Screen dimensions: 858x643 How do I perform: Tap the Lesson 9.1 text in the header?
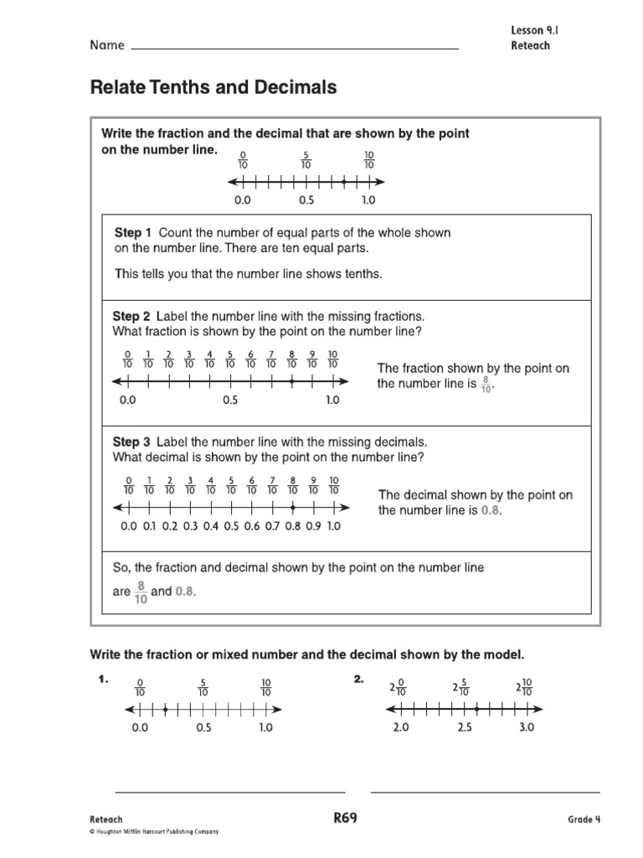(x=533, y=30)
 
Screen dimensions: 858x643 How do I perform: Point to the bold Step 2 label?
(x=131, y=317)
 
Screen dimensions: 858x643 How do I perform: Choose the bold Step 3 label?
(x=131, y=442)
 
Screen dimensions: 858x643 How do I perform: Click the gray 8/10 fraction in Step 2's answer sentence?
(x=487, y=384)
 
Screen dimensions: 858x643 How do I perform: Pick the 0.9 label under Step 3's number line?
(x=313, y=527)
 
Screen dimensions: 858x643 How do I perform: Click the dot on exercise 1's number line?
(x=166, y=711)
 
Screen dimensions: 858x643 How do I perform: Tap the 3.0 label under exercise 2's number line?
(x=526, y=728)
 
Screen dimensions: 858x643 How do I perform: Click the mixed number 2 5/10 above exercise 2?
(x=460, y=689)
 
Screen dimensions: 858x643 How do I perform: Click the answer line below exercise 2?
(x=485, y=791)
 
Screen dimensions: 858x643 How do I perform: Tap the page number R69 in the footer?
(x=345, y=819)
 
